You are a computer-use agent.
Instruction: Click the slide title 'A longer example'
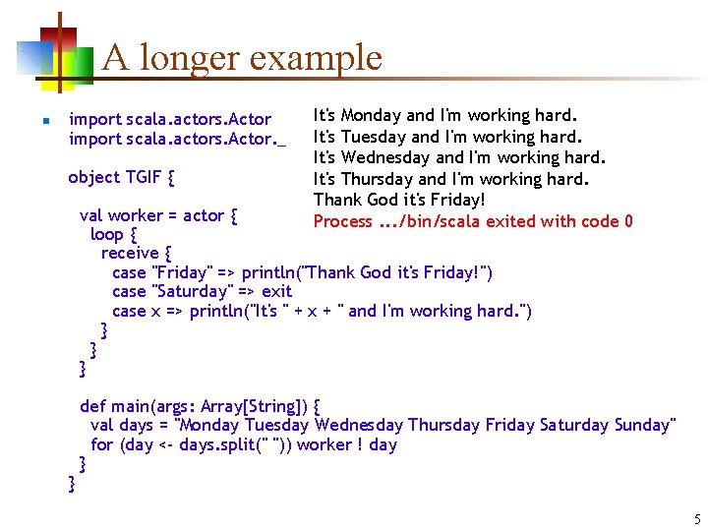(x=241, y=58)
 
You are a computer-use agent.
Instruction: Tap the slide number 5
(x=697, y=519)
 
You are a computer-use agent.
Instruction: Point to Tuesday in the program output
(x=374, y=137)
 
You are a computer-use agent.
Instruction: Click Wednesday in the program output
(x=385, y=157)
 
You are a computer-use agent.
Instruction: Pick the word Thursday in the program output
(x=377, y=179)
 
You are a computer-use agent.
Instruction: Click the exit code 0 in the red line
(x=627, y=221)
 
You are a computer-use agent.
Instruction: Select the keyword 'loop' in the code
(x=106, y=234)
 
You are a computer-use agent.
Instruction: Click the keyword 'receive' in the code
(x=130, y=253)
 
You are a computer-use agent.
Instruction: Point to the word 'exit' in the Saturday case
(x=276, y=291)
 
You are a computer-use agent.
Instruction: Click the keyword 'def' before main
(x=92, y=406)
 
